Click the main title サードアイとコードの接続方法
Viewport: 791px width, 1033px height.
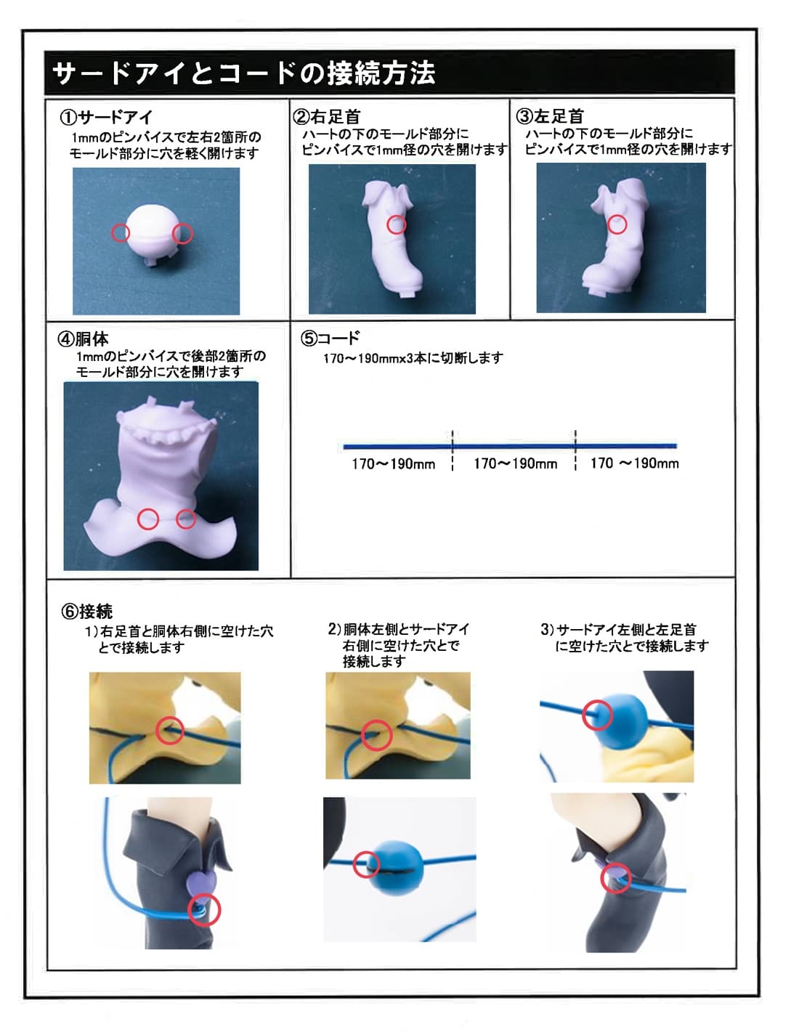(x=243, y=73)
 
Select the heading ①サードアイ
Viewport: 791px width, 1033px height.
(x=105, y=117)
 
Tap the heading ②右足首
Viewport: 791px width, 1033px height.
(x=327, y=116)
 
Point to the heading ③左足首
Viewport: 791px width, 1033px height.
(x=550, y=116)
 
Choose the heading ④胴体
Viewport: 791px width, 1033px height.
(x=83, y=339)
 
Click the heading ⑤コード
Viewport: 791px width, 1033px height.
(x=330, y=338)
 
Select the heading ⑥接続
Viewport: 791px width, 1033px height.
(x=86, y=612)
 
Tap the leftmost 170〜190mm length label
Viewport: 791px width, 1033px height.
(x=393, y=464)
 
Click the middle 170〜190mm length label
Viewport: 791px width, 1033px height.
(x=515, y=464)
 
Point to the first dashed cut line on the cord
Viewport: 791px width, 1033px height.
(x=453, y=450)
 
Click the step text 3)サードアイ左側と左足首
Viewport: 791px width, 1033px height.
(x=618, y=631)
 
